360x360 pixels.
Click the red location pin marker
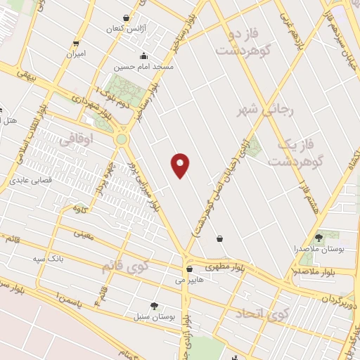[x=181, y=165]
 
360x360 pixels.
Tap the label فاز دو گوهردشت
[x=244, y=43]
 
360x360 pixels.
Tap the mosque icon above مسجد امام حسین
[x=144, y=56]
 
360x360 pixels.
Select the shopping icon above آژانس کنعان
[x=126, y=18]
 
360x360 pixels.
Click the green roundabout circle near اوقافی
[x=122, y=139]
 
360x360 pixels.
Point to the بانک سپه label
[x=49, y=259]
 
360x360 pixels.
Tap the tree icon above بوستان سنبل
[x=154, y=305]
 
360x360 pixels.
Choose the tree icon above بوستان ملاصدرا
[x=319, y=238]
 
